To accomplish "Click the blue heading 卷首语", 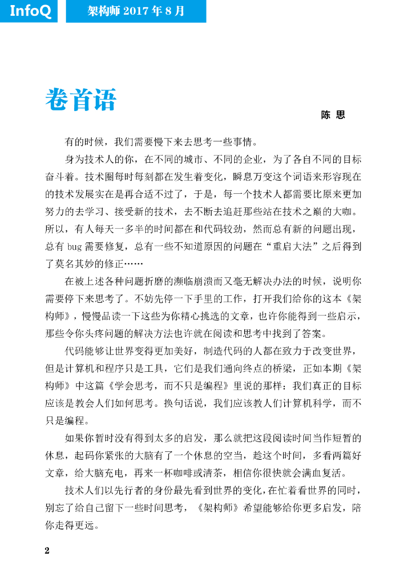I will point(80,100).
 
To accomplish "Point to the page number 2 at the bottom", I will point(47,551).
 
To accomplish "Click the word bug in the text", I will point(74,247).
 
